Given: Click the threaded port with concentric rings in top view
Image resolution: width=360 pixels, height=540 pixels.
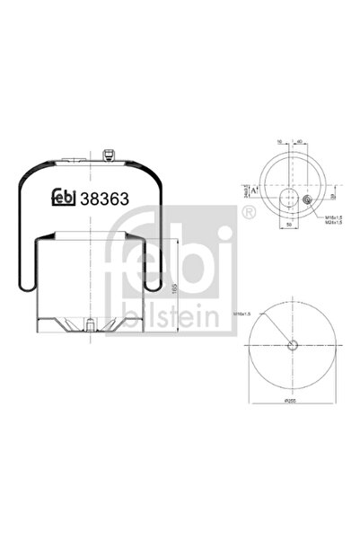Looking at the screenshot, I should [x=308, y=199].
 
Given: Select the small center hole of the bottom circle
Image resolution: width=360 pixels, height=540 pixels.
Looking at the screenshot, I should [x=293, y=346].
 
